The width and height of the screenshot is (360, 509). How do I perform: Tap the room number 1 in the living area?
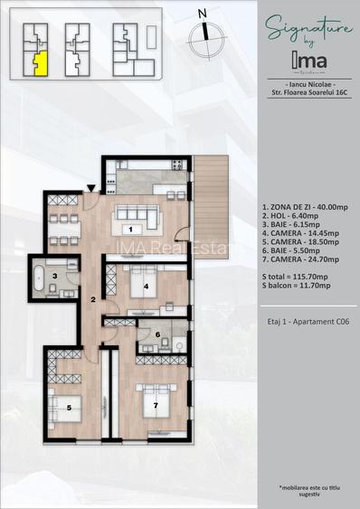pos(130,230)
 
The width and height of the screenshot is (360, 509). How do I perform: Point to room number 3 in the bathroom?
pos(55,277)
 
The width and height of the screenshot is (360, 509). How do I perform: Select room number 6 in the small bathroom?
pos(157,335)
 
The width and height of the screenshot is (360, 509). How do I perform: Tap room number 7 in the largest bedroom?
pos(156,405)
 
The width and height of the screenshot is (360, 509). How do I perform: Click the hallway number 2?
pos(92,299)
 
